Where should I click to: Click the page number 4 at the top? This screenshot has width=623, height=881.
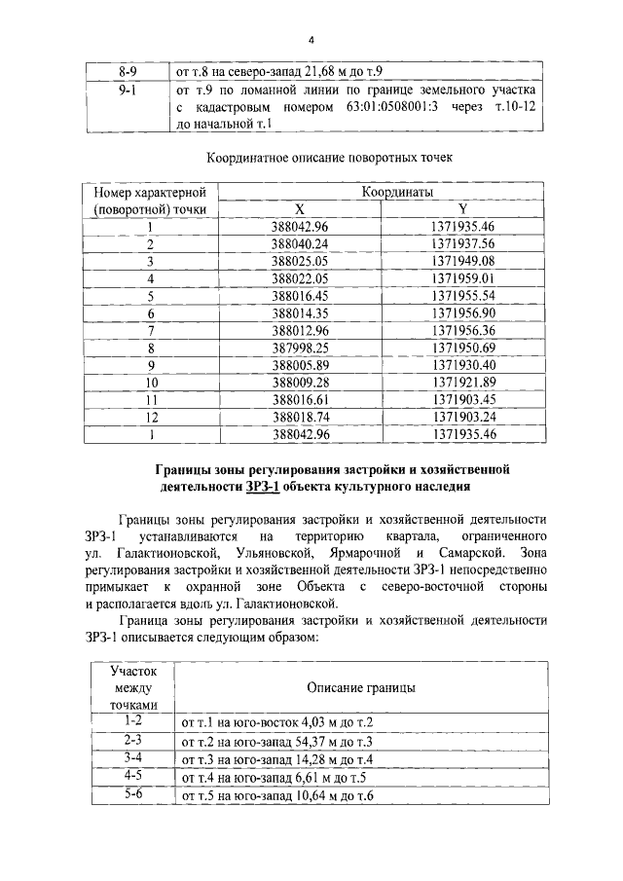tap(311, 40)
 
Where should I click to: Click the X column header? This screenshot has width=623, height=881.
tap(300, 209)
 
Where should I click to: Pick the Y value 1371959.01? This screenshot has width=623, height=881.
tap(463, 279)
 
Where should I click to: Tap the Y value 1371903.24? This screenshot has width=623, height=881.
tap(463, 418)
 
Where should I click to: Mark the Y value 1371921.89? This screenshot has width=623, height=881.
tap(463, 383)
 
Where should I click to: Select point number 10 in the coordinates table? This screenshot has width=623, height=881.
tap(152, 383)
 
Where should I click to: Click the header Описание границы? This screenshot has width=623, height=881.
tap(361, 687)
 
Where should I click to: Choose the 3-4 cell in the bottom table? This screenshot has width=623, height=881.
tap(133, 757)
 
